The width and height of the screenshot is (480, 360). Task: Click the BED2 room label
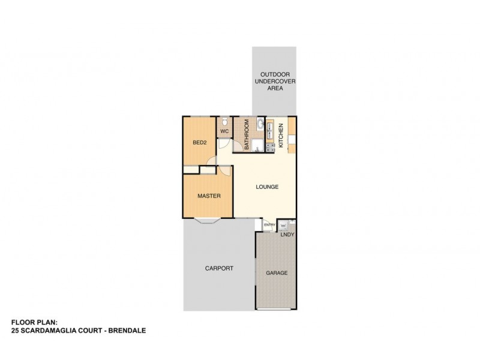(x=199, y=143)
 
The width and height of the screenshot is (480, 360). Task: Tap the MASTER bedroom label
(x=209, y=196)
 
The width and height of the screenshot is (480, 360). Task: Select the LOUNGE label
(x=267, y=187)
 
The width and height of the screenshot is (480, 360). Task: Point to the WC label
(x=224, y=131)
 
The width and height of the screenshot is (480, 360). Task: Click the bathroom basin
(x=259, y=125)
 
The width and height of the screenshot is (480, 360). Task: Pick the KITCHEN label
(x=280, y=135)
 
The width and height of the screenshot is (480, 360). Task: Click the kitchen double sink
(x=270, y=127)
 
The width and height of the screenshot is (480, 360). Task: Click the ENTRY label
(x=269, y=225)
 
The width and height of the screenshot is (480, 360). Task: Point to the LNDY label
(x=287, y=235)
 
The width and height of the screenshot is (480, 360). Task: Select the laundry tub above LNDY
(x=286, y=225)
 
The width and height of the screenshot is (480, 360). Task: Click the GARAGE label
(x=277, y=273)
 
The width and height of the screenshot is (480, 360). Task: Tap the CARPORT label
(x=218, y=268)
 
